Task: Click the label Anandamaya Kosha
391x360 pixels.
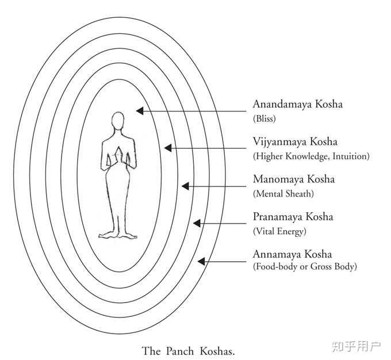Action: [x=297, y=105]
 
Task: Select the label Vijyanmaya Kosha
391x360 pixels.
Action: [x=295, y=141]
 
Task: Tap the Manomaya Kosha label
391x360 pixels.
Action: [x=293, y=179]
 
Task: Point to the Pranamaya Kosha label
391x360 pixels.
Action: [x=293, y=217]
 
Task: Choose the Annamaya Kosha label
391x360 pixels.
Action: [x=292, y=254]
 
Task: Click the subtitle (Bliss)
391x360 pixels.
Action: [x=264, y=119]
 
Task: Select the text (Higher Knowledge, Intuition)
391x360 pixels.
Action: [x=311, y=156]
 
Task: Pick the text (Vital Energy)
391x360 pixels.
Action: [x=280, y=231]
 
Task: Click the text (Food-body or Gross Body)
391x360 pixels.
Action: [x=305, y=267]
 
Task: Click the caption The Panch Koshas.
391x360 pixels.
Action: [x=189, y=350]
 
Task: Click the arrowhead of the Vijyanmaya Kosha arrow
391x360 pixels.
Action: [x=167, y=148]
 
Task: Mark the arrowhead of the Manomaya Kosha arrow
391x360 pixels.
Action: [x=185, y=186]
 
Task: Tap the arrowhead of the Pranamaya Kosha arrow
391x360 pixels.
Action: [x=196, y=223]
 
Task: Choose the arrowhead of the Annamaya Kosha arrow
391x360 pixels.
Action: [x=201, y=261]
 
